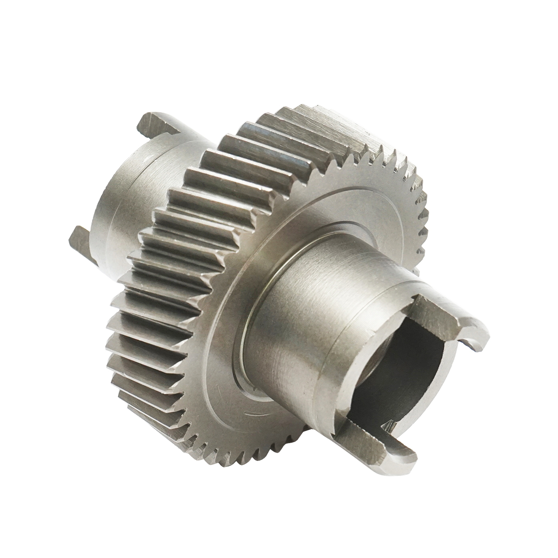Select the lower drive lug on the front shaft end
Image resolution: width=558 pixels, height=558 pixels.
[x=372, y=444]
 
